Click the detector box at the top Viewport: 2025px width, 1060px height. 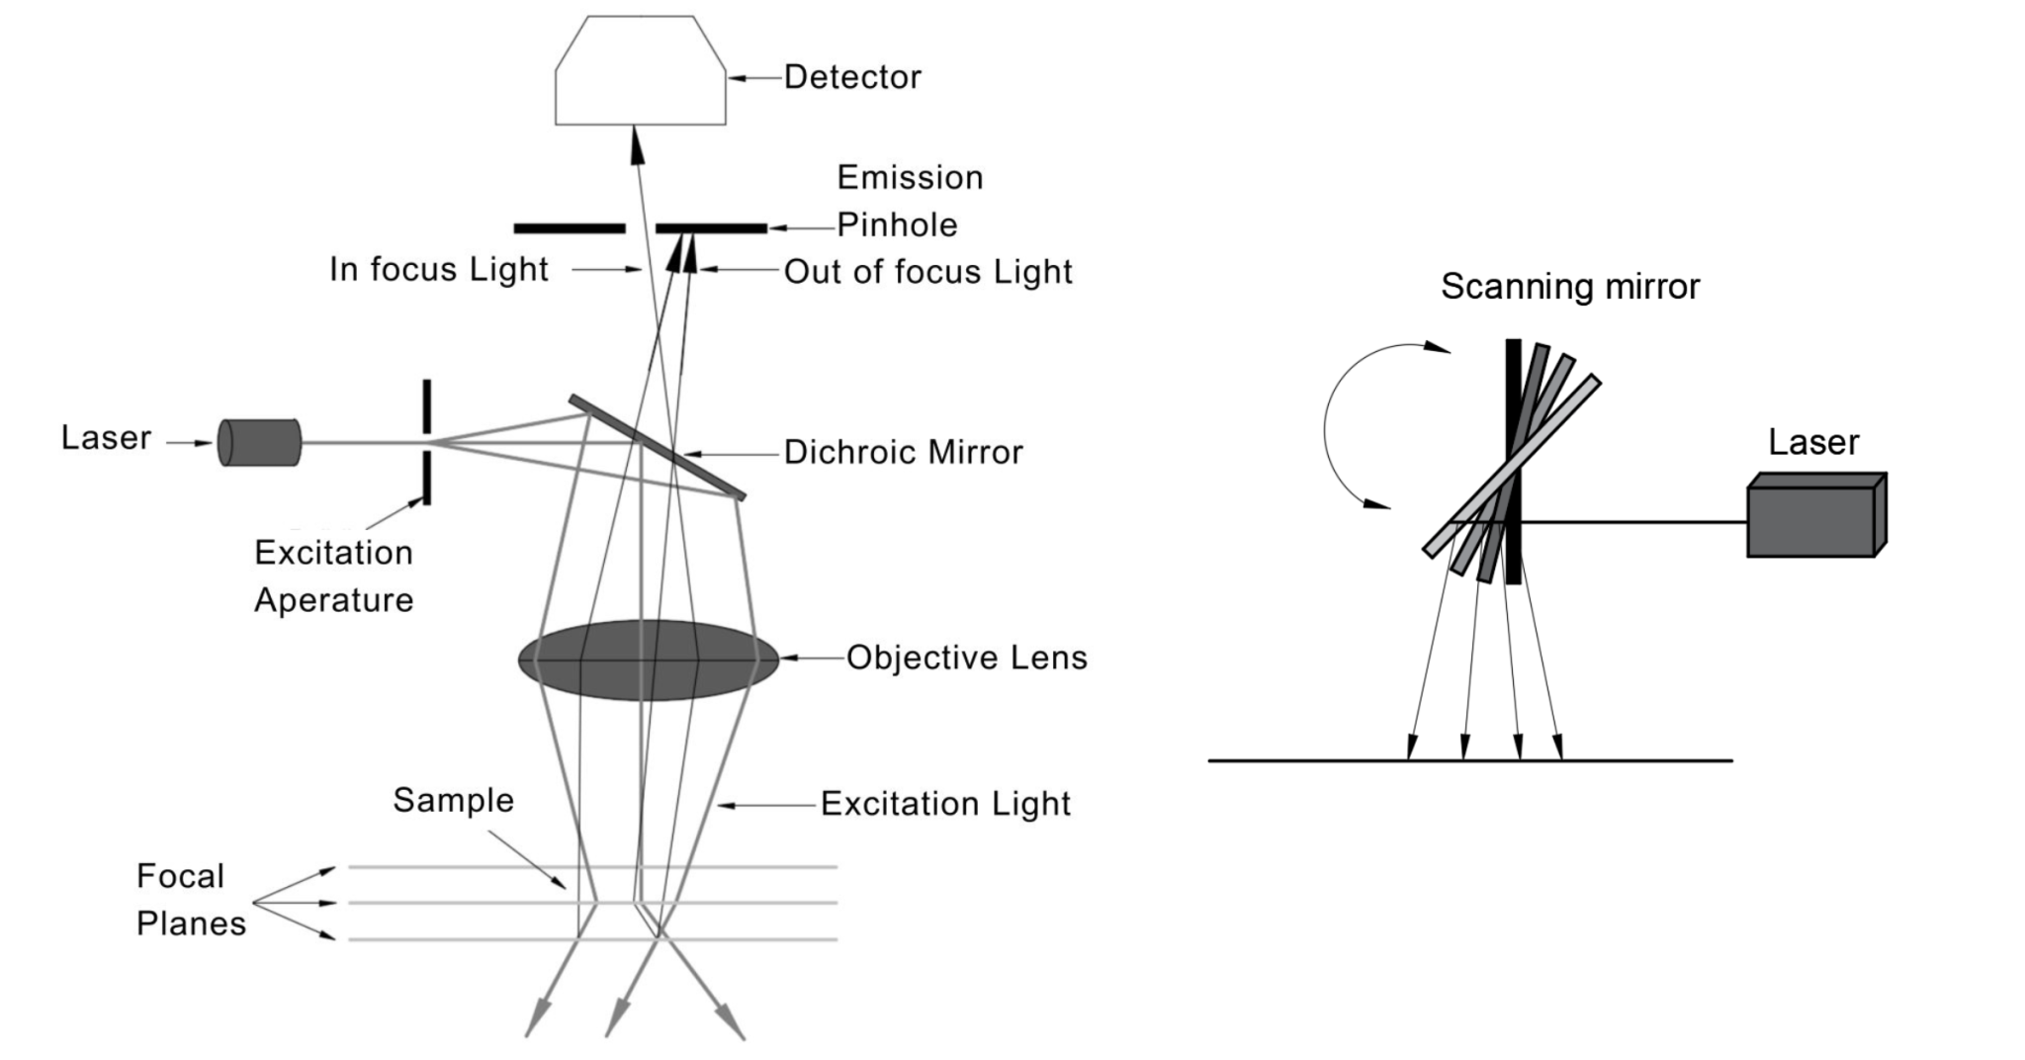pyautogui.click(x=640, y=74)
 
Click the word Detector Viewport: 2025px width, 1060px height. pyautogui.click(x=852, y=77)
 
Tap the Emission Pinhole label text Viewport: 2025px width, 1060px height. pyautogui.click(x=910, y=201)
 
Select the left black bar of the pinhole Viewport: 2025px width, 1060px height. pyautogui.click(x=570, y=228)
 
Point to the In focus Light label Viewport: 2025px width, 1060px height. pyautogui.click(x=439, y=269)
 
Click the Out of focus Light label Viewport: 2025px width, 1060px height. pyautogui.click(x=927, y=272)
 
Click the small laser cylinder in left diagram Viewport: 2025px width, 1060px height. pyautogui.click(x=260, y=442)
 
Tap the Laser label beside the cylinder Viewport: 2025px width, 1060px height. pyautogui.click(x=106, y=438)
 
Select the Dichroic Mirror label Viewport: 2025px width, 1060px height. pyautogui.click(x=903, y=453)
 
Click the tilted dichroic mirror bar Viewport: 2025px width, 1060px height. pyautogui.click(x=657, y=447)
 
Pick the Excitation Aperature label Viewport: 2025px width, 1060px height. pyautogui.click(x=333, y=575)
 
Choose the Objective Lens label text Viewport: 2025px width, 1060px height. pyautogui.click(x=966, y=658)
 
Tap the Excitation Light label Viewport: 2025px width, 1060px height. pyautogui.click(x=945, y=804)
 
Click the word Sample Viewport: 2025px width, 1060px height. pyautogui.click(x=453, y=800)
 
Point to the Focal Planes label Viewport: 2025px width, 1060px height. pyautogui.click(x=190, y=900)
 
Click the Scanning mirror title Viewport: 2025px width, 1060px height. pyautogui.click(x=1569, y=287)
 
